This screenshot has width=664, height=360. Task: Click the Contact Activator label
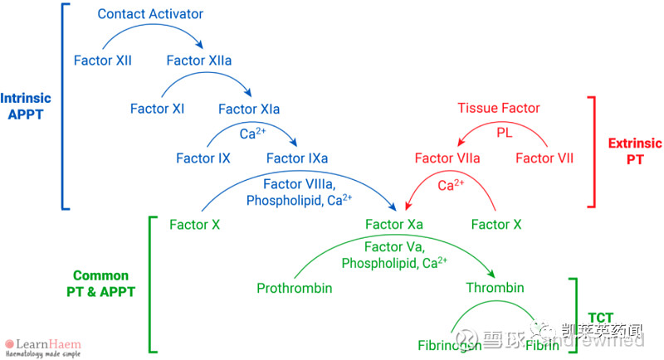(150, 14)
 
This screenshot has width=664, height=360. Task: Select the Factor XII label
(102, 61)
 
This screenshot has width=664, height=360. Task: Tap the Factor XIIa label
(198, 61)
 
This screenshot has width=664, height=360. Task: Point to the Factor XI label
(157, 109)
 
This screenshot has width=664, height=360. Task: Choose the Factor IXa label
(296, 158)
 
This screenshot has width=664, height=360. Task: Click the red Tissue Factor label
(499, 109)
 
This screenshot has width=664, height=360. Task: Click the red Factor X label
(496, 224)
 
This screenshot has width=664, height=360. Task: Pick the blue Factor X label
(194, 224)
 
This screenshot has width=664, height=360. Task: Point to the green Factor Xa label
(394, 224)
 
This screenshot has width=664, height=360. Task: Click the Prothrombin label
(295, 288)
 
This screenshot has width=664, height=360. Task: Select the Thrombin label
(495, 288)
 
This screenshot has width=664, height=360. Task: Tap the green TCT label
(600, 317)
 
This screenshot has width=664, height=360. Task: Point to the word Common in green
(100, 275)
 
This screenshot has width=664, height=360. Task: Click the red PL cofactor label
(505, 133)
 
